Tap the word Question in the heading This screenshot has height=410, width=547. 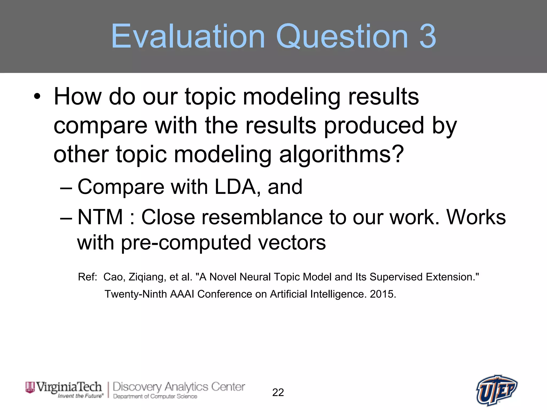(342, 37)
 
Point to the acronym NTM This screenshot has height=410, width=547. (100, 217)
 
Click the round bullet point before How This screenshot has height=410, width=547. (37, 97)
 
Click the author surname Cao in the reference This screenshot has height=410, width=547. (113, 277)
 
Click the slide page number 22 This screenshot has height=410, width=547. (278, 392)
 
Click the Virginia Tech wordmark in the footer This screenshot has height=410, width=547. (64, 389)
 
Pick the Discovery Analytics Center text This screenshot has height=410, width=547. (179, 387)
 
